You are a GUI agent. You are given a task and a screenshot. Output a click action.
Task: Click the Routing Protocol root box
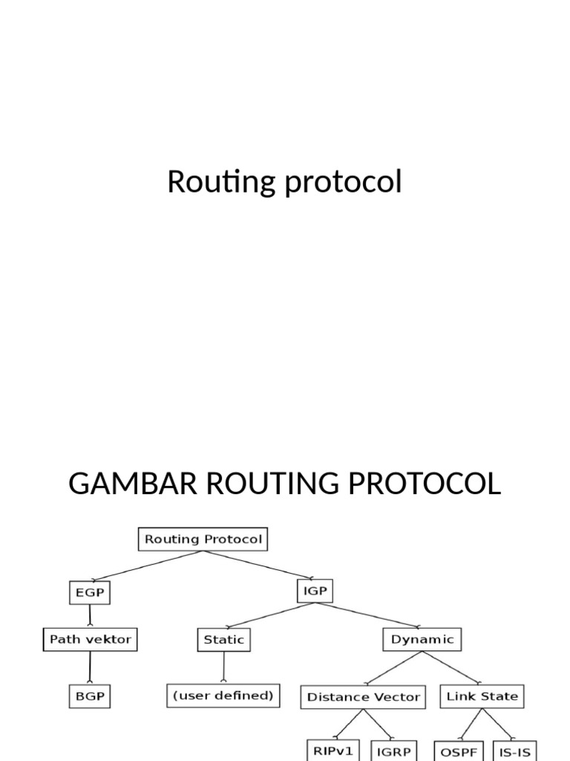[x=203, y=540]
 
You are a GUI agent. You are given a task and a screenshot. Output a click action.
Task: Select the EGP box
[x=90, y=592]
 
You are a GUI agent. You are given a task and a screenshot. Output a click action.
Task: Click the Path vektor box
[x=90, y=639]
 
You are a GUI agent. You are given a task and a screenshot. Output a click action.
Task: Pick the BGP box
[x=90, y=696]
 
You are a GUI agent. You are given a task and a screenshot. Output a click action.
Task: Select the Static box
[x=223, y=639]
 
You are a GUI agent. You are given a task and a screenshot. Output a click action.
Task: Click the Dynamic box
[x=422, y=639]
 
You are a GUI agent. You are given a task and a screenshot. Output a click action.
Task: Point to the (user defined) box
[x=223, y=696]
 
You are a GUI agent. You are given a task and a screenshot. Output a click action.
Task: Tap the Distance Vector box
[x=364, y=697]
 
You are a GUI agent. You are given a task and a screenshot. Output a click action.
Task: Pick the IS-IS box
[x=514, y=750]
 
